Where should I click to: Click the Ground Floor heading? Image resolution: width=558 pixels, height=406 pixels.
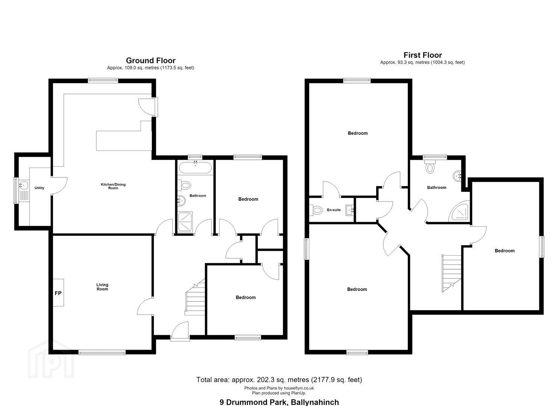[150, 60]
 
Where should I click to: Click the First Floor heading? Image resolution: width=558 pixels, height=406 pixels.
[422, 55]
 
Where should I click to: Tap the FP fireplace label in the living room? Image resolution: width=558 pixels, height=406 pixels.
[58, 293]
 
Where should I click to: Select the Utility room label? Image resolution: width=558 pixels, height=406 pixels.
[39, 188]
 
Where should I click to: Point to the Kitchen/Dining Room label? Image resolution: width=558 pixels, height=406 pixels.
[113, 186]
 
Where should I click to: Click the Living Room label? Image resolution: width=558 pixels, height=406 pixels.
[102, 287]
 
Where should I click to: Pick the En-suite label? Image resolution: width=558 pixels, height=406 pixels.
[334, 210]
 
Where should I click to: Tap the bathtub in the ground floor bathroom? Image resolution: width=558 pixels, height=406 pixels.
[195, 168]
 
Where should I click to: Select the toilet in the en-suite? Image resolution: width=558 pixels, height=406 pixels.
[316, 210]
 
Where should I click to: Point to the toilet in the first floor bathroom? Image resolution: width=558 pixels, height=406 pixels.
[430, 166]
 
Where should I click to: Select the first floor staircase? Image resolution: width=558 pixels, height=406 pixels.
[451, 273]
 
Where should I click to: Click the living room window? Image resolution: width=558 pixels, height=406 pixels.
[102, 352]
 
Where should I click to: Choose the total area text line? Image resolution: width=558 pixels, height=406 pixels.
[279, 380]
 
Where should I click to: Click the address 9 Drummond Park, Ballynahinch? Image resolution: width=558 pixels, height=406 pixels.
[279, 402]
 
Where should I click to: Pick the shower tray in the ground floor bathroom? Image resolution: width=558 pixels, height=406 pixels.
[185, 222]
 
